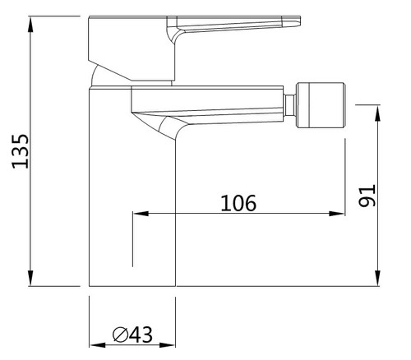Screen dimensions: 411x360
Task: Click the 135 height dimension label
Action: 21,151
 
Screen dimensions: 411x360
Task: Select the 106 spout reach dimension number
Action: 238,203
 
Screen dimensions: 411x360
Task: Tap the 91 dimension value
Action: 367,196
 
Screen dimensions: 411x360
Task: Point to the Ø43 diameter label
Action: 132,335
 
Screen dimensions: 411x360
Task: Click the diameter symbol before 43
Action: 121,335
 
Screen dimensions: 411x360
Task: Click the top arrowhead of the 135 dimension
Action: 30,25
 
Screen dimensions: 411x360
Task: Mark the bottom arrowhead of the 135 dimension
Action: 30,278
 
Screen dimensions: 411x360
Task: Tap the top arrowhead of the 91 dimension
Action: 377,113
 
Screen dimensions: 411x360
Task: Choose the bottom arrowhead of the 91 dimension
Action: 377,278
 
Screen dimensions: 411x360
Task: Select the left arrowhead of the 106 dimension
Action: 141,214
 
